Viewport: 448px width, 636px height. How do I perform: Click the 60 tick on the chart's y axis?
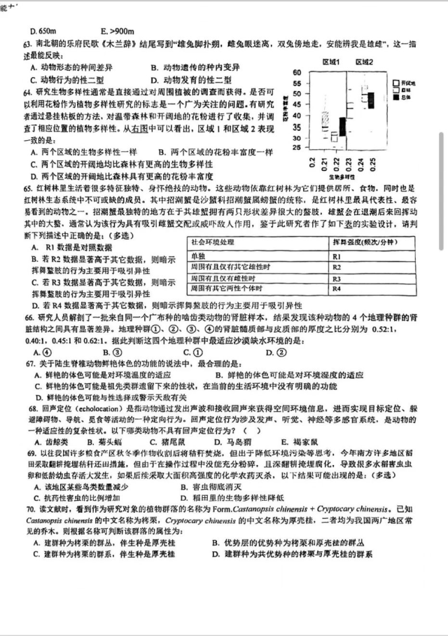[x=296, y=72]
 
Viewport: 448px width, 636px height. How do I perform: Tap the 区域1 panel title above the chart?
[x=330, y=62]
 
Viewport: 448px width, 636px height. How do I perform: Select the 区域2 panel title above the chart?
[x=363, y=62]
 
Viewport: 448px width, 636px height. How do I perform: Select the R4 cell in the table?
[x=337, y=289]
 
